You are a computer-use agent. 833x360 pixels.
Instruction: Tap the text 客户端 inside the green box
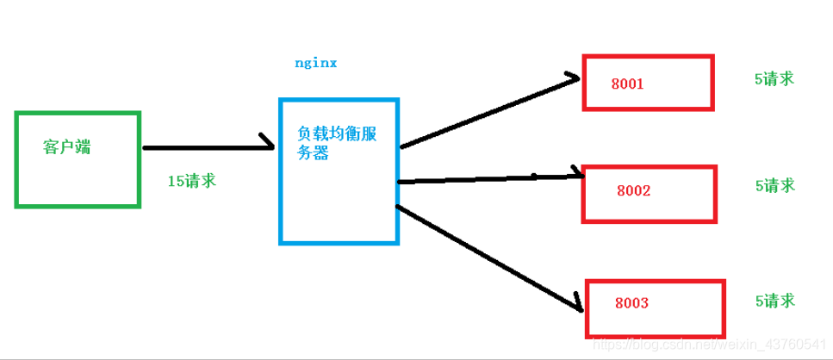67,147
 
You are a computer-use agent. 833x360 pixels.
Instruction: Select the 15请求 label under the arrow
192,181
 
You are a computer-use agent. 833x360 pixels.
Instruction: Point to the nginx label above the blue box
315,64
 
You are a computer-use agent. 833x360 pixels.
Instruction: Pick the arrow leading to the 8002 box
491,179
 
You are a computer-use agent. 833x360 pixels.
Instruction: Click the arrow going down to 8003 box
487,256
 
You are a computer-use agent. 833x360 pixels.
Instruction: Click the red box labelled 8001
648,83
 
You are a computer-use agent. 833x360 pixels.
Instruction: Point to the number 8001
627,84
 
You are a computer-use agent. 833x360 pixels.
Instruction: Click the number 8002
633,190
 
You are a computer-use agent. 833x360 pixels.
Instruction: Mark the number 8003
631,304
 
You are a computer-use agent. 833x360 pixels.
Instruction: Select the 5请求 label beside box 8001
774,78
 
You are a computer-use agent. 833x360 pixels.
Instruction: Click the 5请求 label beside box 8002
774,185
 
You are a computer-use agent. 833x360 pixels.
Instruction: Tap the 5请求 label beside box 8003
774,301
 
